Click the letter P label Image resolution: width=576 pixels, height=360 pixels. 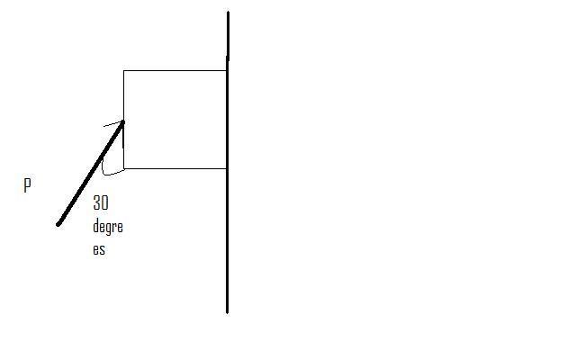(27, 185)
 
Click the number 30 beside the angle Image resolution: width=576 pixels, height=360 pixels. (100, 204)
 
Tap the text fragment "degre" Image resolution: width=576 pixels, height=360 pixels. (107, 228)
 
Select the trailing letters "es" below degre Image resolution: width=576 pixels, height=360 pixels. (98, 249)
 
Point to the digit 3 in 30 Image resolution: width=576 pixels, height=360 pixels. (96, 204)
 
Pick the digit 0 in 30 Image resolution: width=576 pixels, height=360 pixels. (104, 204)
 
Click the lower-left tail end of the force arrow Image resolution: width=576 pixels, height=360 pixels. (58, 224)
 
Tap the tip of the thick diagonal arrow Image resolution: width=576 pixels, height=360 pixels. (122, 121)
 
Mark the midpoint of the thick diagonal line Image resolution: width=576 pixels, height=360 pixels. (91, 173)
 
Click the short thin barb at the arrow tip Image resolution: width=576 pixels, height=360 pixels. (112, 123)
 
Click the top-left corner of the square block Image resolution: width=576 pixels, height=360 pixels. (123, 70)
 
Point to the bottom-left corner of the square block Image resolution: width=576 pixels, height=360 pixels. (123, 168)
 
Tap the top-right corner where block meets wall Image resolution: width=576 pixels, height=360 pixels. (226, 70)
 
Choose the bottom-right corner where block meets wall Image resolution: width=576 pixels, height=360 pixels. (226, 168)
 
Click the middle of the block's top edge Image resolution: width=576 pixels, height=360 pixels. (175, 70)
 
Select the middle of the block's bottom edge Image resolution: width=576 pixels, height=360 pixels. (175, 168)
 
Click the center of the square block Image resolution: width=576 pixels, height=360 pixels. (175, 119)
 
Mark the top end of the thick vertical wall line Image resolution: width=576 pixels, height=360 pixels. (228, 13)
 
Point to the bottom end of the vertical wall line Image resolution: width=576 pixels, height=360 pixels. (227, 311)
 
